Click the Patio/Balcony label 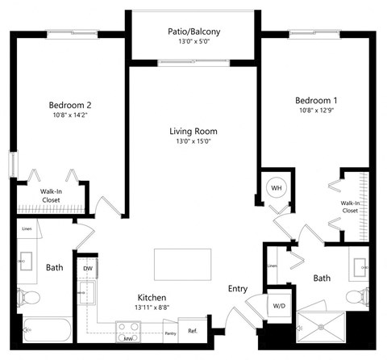tap(193, 31)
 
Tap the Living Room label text tap(193, 131)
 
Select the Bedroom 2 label tap(70, 105)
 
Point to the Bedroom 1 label tap(315, 100)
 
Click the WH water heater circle tap(277, 188)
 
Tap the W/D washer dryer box tap(280, 306)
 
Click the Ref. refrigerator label tap(193, 331)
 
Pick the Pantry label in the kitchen tap(170, 333)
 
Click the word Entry tap(238, 289)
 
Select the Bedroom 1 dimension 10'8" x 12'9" tap(315, 112)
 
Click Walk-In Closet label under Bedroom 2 tap(52, 196)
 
